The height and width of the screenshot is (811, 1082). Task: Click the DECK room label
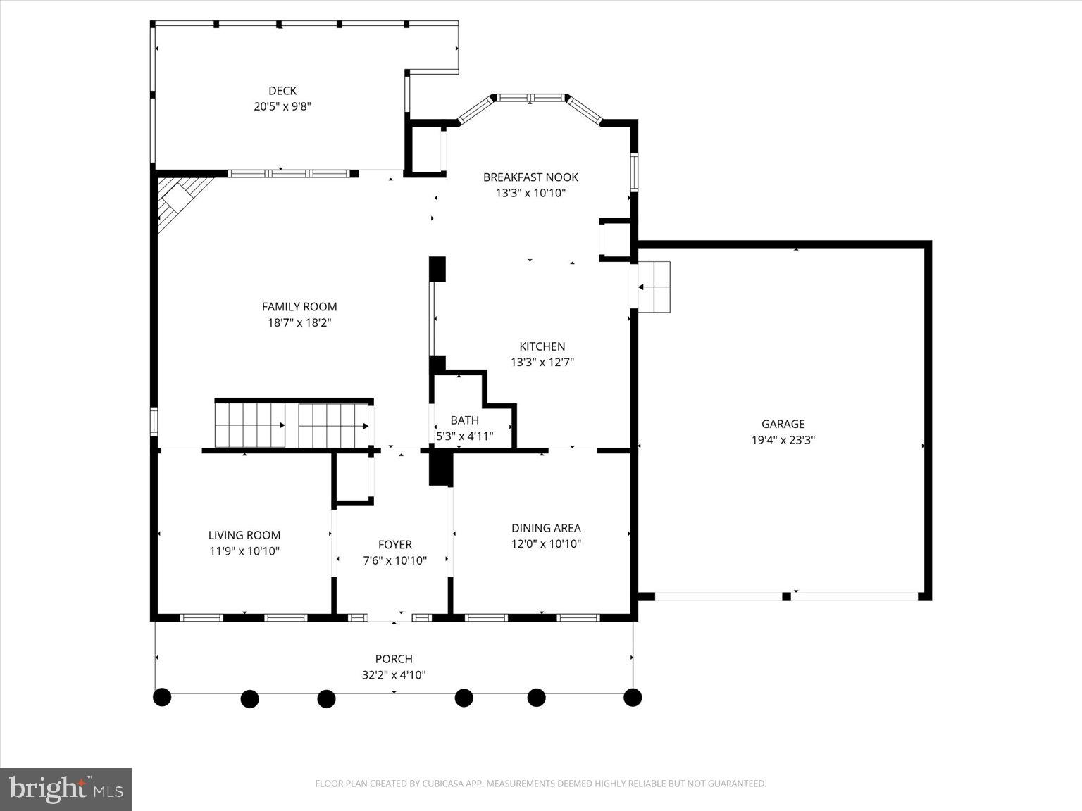click(282, 91)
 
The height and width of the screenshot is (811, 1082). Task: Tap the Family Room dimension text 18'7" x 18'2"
click(299, 323)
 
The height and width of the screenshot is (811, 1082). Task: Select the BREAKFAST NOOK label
click(530, 177)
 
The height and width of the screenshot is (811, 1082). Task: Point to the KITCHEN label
click(542, 346)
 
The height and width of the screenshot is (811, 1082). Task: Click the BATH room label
click(464, 420)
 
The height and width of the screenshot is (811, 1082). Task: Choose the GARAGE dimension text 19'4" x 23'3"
click(783, 441)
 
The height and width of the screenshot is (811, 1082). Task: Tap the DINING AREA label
click(546, 528)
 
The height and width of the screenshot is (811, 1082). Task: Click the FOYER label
click(394, 545)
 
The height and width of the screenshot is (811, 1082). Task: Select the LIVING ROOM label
click(244, 536)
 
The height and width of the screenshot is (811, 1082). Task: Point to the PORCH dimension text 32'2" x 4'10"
click(394, 675)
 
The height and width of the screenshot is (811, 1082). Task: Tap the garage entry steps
click(654, 287)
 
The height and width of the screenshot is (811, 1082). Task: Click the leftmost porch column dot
click(162, 697)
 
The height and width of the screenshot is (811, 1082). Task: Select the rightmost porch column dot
click(633, 697)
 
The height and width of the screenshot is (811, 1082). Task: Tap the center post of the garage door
click(786, 596)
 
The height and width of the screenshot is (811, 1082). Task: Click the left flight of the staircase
click(250, 425)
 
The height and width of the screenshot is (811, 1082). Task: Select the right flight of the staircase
click(334, 425)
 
